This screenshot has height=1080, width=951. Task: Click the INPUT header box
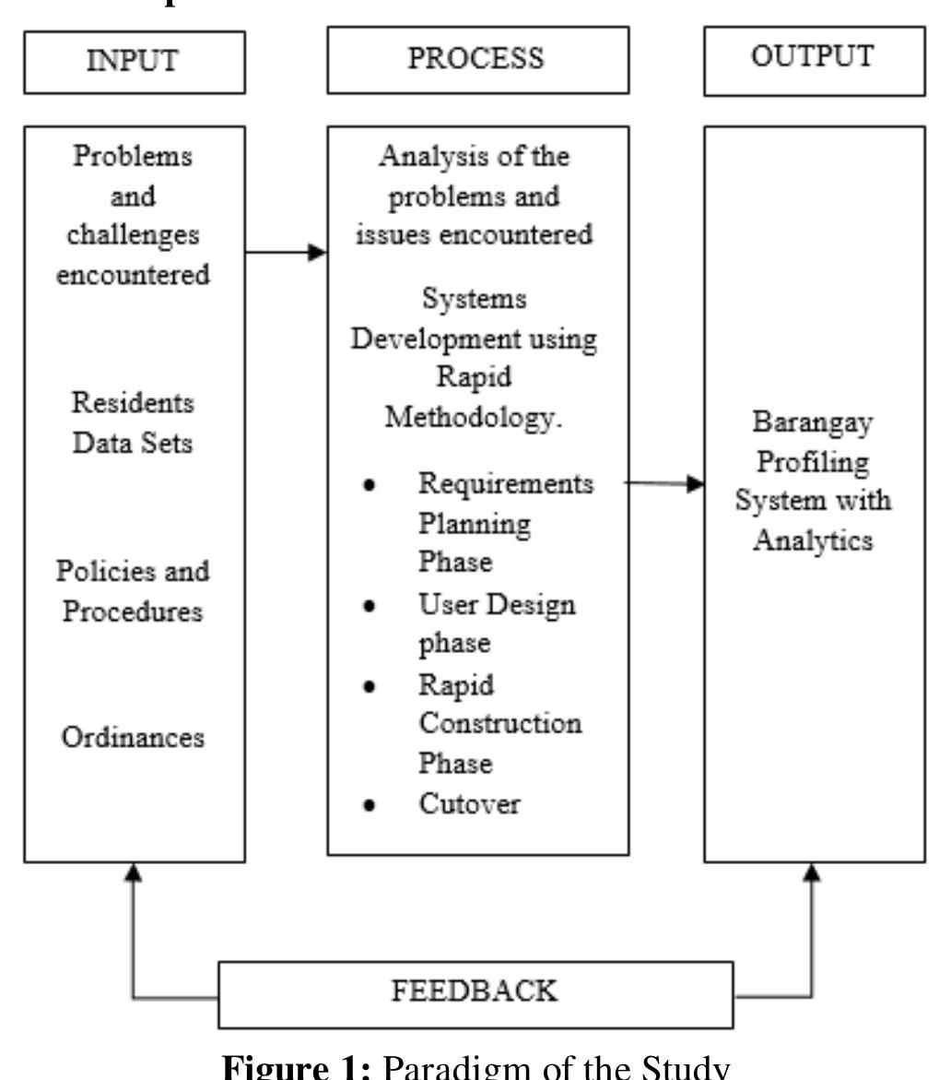pos(135,62)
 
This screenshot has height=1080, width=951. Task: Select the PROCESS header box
pos(478,60)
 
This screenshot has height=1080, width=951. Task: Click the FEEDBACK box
pos(475,993)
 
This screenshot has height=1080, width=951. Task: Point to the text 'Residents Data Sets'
pos(135,423)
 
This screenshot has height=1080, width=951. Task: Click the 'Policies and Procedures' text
pos(135,590)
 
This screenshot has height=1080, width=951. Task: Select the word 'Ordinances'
pos(135,738)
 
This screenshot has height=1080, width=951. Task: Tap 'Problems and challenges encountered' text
pos(135,216)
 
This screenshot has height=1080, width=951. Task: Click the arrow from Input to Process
pos(287,252)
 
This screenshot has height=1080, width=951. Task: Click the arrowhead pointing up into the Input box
pos(135,872)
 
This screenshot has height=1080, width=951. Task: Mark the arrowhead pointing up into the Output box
pos(813,872)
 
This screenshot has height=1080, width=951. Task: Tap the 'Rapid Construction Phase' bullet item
pos(499,724)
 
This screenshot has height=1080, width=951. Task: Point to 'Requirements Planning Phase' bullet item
pos(505,523)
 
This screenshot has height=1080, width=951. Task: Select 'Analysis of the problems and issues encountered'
pos(475,196)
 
